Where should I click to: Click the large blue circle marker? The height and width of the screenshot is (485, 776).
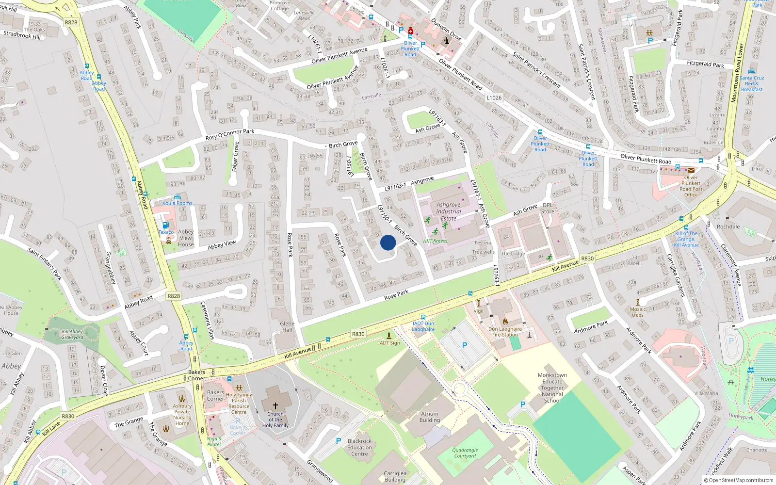click(388, 242)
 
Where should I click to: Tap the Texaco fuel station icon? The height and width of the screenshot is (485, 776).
click(165, 225)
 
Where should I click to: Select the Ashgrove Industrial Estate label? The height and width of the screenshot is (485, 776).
click(448, 211)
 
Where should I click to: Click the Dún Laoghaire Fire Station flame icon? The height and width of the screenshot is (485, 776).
click(505, 321)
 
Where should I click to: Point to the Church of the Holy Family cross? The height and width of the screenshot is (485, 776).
click(275, 405)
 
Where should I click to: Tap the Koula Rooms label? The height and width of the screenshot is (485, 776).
click(177, 203)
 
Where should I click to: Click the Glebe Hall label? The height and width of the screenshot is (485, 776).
click(287, 327)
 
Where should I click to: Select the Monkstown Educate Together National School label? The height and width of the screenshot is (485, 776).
click(552, 388)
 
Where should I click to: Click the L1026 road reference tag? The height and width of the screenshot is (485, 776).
click(494, 97)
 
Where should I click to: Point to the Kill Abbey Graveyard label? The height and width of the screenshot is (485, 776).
click(72, 334)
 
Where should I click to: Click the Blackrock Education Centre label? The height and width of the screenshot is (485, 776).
click(359, 448)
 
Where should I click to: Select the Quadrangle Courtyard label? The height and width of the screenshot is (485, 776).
click(465, 453)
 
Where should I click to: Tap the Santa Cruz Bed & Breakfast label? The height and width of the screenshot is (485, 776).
click(752, 83)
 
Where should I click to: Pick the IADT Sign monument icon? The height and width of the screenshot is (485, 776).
click(389, 335)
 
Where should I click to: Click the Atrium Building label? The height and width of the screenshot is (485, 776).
click(429, 417)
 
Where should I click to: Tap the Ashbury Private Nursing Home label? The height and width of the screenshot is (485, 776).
click(182, 415)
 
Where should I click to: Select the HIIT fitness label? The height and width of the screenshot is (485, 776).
click(435, 241)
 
